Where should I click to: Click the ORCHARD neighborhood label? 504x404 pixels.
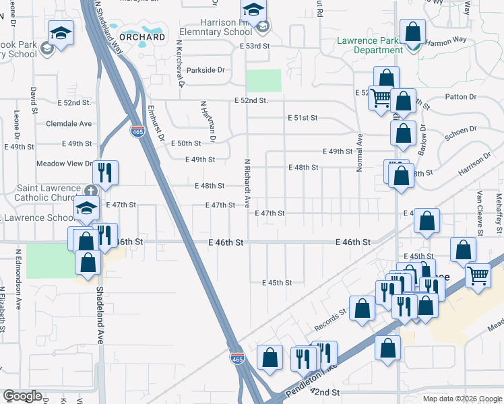click(142, 37)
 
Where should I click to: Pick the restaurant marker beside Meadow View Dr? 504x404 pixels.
click(105, 172)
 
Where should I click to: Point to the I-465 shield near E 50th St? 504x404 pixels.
click(137, 130)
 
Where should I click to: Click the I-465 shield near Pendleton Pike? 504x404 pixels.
click(237, 359)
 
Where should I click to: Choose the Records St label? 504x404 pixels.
click(330, 320)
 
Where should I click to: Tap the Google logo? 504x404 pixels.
click(22, 397)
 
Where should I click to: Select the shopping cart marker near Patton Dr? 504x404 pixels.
click(381, 98)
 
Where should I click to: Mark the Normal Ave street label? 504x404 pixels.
click(360, 151)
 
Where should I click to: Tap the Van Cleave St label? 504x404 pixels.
click(480, 212)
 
